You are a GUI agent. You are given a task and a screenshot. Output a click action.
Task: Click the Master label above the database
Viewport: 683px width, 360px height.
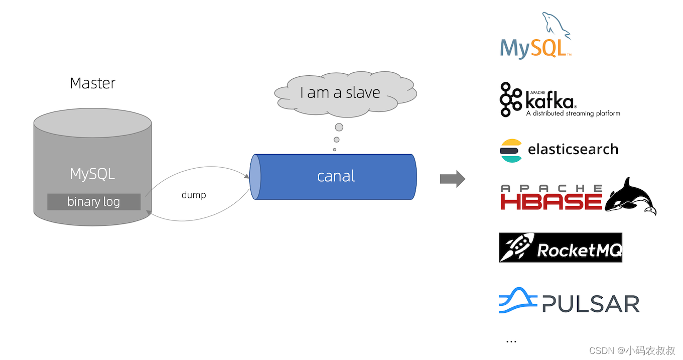coord(92,83)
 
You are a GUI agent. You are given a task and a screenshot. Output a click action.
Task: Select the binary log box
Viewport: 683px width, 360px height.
coord(94,202)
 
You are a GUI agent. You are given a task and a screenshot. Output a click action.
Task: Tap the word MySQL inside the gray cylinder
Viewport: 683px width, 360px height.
coord(92,174)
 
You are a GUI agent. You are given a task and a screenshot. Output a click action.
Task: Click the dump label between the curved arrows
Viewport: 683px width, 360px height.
coord(194,195)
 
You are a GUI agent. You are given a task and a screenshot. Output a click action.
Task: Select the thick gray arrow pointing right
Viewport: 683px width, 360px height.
coord(452,179)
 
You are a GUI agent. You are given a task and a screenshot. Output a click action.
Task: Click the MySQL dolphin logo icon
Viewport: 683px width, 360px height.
coord(556,26)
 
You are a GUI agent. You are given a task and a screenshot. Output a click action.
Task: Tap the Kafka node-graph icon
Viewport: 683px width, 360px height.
coord(511,99)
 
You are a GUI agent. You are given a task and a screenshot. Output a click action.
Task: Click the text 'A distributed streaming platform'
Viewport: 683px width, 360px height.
coord(573,113)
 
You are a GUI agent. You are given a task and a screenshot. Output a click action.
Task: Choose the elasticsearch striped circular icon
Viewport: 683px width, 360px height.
coord(511,150)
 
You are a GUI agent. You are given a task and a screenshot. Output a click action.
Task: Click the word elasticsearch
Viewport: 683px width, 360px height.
coord(573,149)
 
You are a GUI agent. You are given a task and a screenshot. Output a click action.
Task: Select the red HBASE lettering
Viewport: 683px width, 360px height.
coord(551,201)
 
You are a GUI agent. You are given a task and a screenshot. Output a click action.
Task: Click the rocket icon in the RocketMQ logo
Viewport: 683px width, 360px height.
coord(516,248)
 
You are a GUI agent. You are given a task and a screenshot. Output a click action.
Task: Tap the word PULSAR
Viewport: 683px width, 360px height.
coord(591,304)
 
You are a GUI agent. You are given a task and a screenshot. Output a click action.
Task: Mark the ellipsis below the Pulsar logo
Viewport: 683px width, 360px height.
coord(511,341)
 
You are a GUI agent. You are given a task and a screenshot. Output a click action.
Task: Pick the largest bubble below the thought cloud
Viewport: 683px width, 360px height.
coord(339,127)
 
